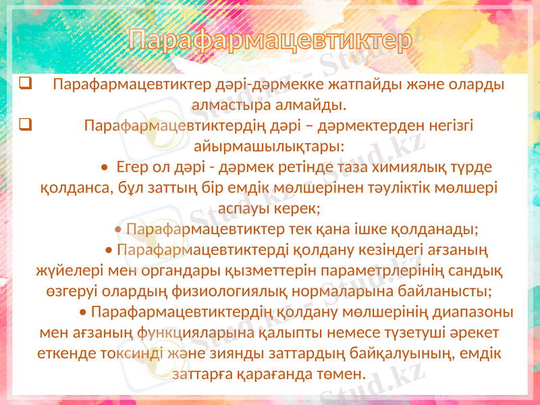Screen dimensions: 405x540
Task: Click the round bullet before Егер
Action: [x=103, y=167]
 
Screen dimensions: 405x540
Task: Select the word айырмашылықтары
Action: [x=269, y=146]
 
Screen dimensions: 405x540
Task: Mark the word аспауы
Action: [x=242, y=207]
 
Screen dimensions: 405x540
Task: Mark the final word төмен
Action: [x=341, y=373]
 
